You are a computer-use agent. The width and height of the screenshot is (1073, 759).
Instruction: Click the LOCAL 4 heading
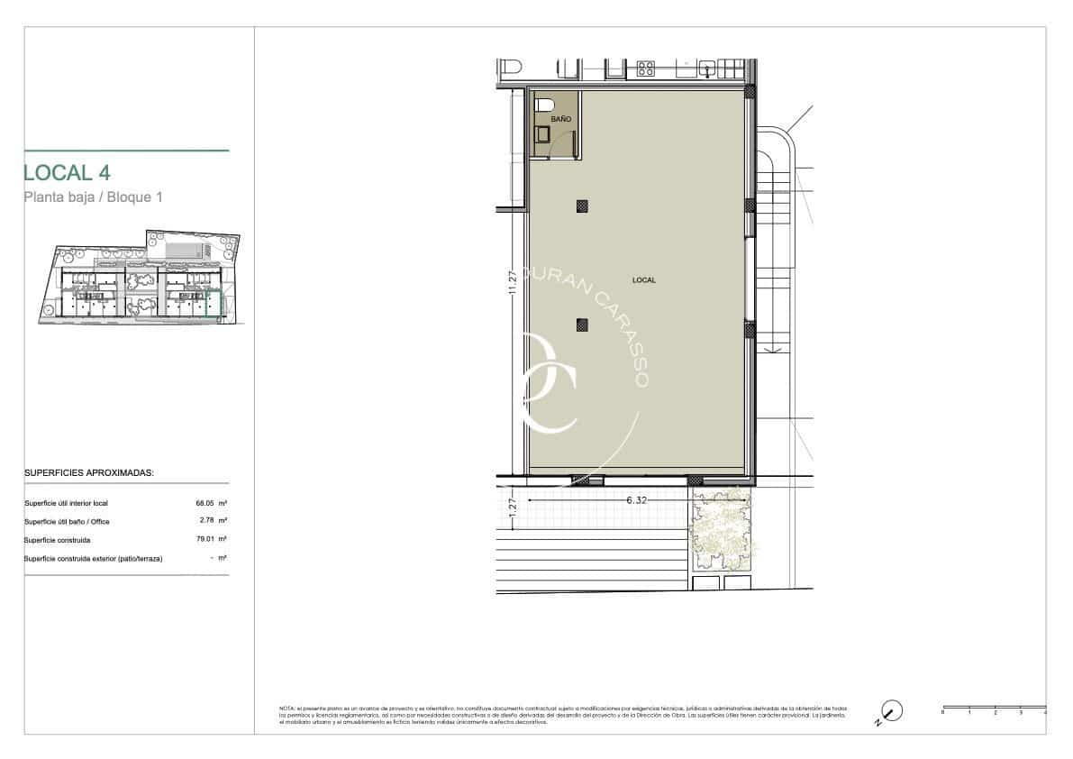(68, 172)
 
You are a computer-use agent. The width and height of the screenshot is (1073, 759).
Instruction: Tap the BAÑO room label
(560, 119)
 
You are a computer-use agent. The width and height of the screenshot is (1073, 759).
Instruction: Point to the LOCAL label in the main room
(644, 280)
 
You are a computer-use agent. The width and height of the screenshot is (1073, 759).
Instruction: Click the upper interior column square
(582, 206)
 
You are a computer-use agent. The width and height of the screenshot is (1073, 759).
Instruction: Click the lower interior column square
(582, 325)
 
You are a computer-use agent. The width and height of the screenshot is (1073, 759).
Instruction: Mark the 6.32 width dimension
(636, 498)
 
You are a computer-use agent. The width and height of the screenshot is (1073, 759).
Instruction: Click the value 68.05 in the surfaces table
(206, 503)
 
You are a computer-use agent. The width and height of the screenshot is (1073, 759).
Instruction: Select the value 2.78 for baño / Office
(206, 521)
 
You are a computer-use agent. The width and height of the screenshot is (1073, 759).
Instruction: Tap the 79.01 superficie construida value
(206, 540)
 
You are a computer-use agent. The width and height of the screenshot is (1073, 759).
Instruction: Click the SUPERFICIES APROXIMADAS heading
(88, 472)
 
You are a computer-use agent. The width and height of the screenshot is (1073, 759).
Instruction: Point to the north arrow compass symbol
(890, 712)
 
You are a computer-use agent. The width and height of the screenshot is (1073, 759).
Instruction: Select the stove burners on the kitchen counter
(646, 68)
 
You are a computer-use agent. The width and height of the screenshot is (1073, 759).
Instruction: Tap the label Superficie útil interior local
(66, 503)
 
